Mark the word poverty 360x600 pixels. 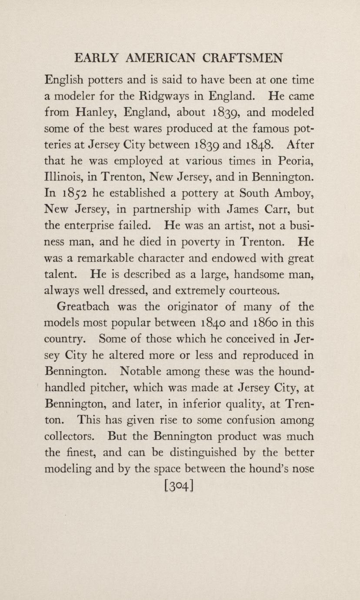(192, 242)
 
